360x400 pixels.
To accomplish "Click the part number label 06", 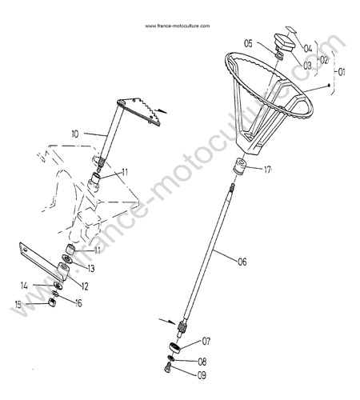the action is [242, 262].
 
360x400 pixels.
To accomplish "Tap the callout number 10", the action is [75, 134].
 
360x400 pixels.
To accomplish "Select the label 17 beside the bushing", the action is [267, 170].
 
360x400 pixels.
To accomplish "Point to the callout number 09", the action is [202, 375].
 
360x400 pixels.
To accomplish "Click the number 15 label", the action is [18, 304].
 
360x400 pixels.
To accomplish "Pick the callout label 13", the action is [91, 269].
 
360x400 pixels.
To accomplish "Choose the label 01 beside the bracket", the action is [341, 72].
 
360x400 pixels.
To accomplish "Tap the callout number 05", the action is [248, 43].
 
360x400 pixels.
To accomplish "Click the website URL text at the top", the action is [178, 26].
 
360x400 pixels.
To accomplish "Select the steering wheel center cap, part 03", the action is [285, 42].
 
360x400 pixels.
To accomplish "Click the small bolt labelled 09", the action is [168, 369].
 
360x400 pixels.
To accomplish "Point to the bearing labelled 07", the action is [175, 348].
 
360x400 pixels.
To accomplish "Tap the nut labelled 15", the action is [51, 303].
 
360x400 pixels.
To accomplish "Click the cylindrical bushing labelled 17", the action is [239, 166].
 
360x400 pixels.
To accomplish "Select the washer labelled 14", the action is [58, 286].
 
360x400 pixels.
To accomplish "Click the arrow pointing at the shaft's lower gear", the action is [167, 321].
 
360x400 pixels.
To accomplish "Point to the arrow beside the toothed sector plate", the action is [161, 110].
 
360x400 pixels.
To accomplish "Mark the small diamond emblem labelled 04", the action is [291, 29].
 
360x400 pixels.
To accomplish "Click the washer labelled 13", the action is [66, 259].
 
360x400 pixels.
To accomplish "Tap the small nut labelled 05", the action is [278, 56].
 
